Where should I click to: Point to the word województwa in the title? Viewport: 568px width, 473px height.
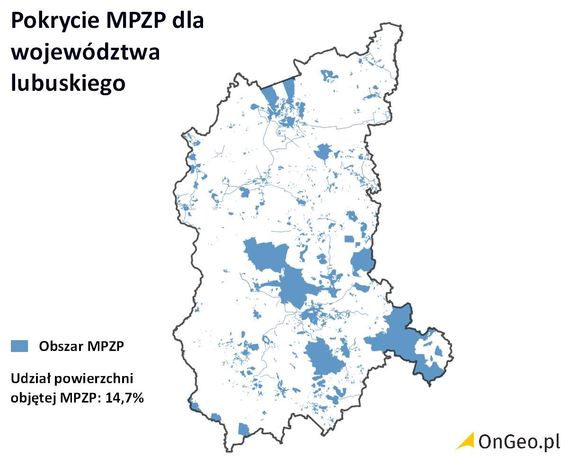coord(85,52)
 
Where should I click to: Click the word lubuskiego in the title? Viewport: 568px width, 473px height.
coord(68,82)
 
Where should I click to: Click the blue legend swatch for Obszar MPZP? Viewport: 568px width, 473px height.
coord(19,346)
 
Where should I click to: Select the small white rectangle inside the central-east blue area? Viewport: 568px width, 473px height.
coord(349,239)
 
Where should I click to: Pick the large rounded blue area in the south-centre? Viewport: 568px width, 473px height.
coord(324,357)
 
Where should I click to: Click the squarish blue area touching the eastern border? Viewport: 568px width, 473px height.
coord(362,261)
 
